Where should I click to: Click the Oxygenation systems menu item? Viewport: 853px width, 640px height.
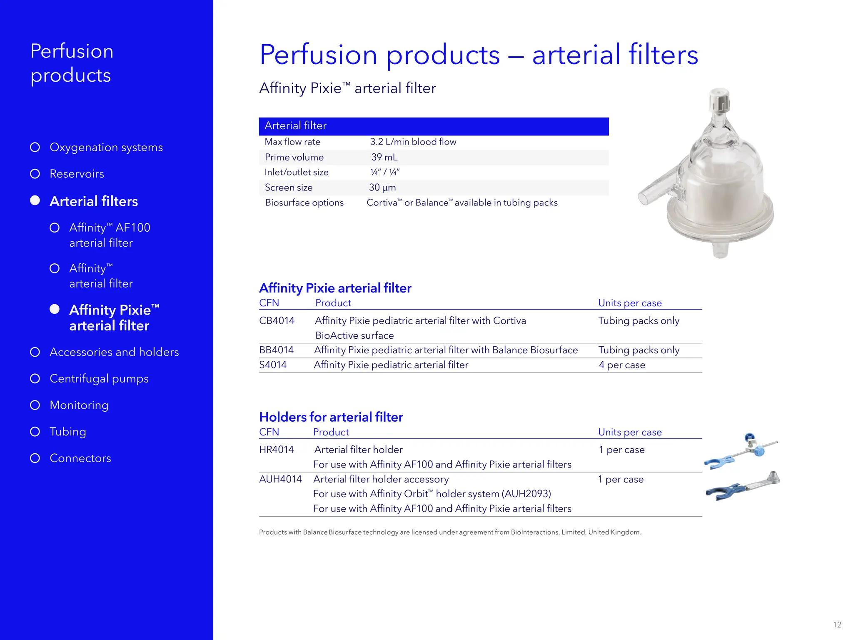pyautogui.click(x=106, y=147)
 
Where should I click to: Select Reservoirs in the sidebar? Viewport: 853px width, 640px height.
pyautogui.click(x=77, y=174)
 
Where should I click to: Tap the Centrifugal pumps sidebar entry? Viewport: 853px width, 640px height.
pyautogui.click(x=99, y=379)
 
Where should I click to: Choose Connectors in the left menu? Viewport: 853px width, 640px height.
pyautogui.click(x=80, y=458)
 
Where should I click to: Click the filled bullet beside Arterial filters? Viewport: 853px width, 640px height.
pyautogui.click(x=35, y=201)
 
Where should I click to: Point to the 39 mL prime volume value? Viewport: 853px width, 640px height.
pyautogui.click(x=384, y=157)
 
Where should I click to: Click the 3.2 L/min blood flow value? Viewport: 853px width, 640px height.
pyautogui.click(x=413, y=142)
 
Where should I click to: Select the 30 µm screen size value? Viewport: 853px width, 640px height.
pyautogui.click(x=382, y=188)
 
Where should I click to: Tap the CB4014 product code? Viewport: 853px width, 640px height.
pyautogui.click(x=277, y=321)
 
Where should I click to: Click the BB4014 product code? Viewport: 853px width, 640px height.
pyautogui.click(x=276, y=350)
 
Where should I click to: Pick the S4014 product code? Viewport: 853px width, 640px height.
pyautogui.click(x=273, y=365)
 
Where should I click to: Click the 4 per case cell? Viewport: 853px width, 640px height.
pyautogui.click(x=621, y=365)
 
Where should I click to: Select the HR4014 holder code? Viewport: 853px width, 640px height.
pyautogui.click(x=276, y=450)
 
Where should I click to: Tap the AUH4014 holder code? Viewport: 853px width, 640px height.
pyautogui.click(x=280, y=479)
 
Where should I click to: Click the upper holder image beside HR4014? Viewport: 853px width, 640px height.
pyautogui.click(x=741, y=452)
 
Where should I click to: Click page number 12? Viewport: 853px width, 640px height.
pyautogui.click(x=837, y=625)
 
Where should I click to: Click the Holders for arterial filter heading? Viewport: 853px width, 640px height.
pyautogui.click(x=331, y=417)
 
